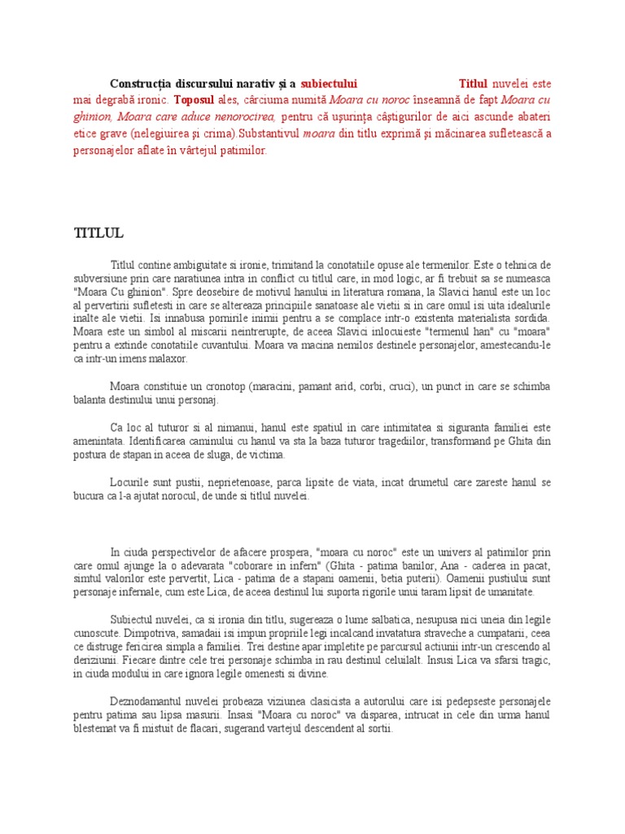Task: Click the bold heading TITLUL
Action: pos(98,234)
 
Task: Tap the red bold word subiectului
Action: pos(329,83)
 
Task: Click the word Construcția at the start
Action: pos(142,83)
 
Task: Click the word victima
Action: pos(267,454)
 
